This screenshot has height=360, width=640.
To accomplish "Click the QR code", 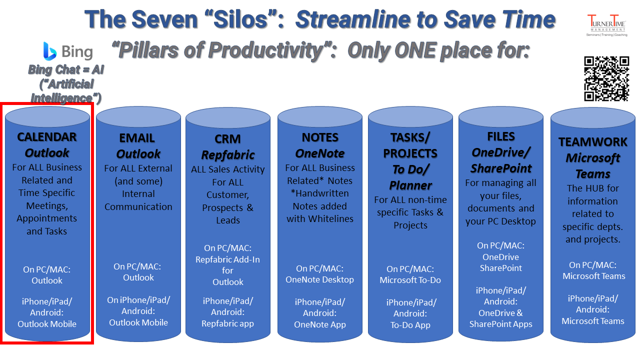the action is click(606, 78).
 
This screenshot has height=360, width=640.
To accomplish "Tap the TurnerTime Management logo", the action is click(606, 25).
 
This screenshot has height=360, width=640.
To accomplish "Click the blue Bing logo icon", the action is click(49, 51).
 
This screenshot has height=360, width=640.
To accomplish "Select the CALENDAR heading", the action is click(47, 137).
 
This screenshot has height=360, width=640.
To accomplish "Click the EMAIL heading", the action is click(137, 138).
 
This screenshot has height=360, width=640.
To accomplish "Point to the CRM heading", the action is click(227, 139).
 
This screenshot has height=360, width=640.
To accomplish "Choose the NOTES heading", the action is click(320, 137).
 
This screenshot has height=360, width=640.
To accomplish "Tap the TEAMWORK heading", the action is click(593, 142).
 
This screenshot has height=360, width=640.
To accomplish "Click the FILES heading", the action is click(501, 136).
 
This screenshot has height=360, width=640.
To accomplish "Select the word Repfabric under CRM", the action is click(227, 155).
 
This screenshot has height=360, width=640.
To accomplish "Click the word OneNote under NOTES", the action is click(319, 153).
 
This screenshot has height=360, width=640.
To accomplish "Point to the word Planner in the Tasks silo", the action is click(410, 185).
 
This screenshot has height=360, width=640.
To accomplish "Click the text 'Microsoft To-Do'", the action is click(410, 280).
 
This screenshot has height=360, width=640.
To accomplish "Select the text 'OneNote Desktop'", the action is click(319, 279).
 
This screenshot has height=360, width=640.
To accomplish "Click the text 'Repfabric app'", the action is click(227, 323).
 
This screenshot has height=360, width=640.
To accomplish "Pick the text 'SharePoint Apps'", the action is click(500, 324).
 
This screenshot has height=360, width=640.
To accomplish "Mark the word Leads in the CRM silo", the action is click(227, 220).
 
